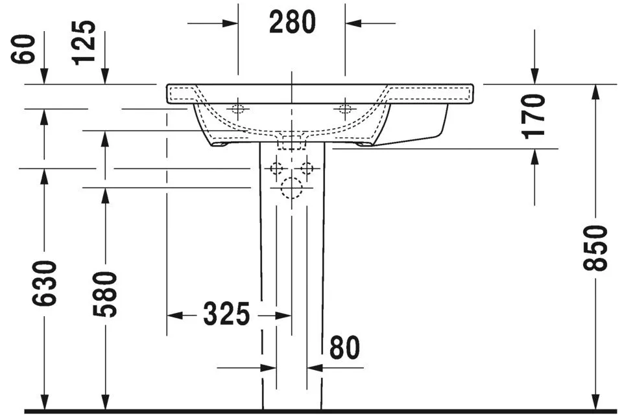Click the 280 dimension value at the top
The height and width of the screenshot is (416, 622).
tap(292, 23)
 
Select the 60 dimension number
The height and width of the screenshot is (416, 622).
tap(24, 49)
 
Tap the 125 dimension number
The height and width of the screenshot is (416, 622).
tap(85, 42)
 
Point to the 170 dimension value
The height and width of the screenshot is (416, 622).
tap(534, 116)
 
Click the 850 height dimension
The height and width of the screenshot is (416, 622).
tap(597, 248)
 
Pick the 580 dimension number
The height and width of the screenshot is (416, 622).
tap(105, 294)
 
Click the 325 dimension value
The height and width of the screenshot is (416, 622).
tap(226, 315)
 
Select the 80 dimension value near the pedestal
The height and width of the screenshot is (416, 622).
tap(344, 349)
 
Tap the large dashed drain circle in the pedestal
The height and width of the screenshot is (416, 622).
tap(291, 188)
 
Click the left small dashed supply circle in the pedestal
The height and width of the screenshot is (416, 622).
tap(277, 168)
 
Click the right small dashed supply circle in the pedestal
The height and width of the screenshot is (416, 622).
tap(306, 168)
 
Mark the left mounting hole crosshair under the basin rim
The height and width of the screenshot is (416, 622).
tap(238, 108)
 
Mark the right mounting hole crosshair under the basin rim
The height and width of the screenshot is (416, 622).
tap(345, 108)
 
